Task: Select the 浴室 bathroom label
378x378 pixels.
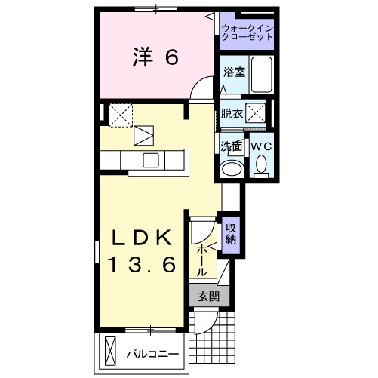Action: click(x=233, y=73)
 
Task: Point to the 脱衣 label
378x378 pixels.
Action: click(x=231, y=115)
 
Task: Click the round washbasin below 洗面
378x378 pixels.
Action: click(x=231, y=168)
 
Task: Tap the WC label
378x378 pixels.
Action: click(x=260, y=146)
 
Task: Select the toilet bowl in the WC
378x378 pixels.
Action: click(x=261, y=164)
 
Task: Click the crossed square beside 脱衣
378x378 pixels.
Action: click(x=257, y=115)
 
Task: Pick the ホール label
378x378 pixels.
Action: click(x=202, y=259)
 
